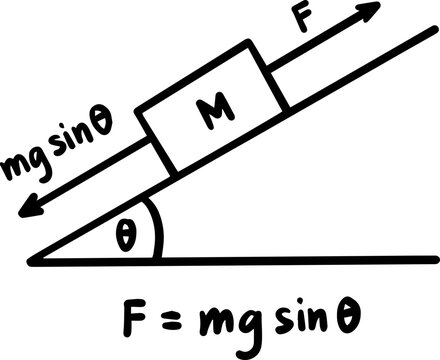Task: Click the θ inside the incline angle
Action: [124, 237]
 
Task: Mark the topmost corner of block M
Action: [246, 41]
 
